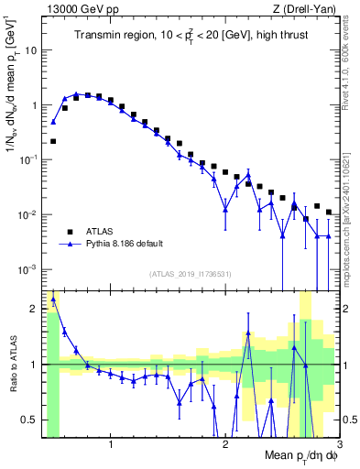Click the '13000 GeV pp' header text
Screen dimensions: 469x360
(81, 8)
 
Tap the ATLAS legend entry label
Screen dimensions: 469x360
(101, 232)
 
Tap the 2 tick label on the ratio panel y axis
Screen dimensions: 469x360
(35, 308)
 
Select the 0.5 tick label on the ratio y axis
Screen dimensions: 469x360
(30, 420)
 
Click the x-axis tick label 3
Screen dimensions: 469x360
(340, 446)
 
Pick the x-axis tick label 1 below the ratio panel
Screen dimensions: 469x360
(111, 446)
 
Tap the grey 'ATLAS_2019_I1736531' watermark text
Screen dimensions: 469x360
(191, 274)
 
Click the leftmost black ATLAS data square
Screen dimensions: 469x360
(53, 141)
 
